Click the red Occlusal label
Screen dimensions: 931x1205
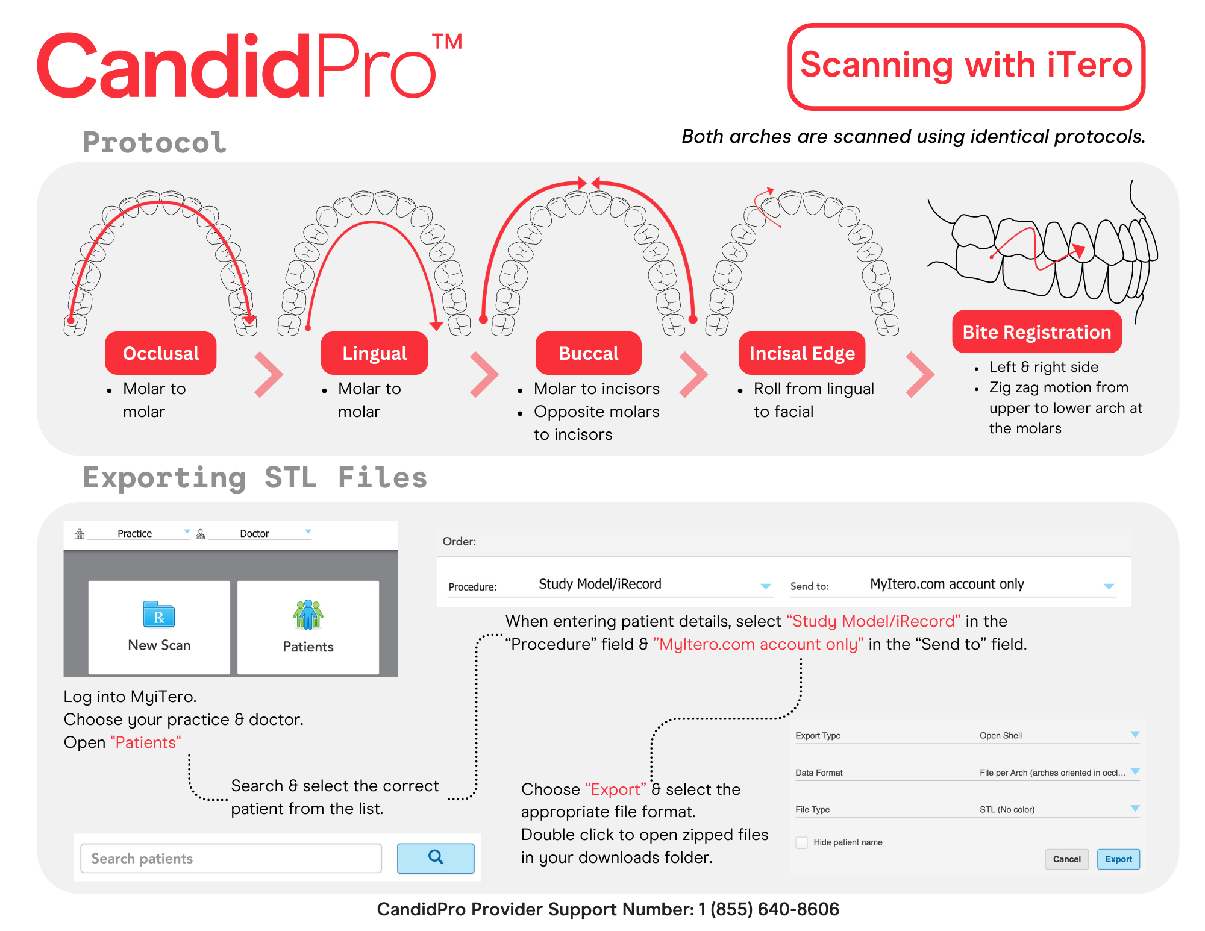160,353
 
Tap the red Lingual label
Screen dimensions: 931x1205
374,353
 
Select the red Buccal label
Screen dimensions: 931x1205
588,353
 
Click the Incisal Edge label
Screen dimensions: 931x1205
802,353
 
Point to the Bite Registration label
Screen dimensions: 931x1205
1036,332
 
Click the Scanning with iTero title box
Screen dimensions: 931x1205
966,66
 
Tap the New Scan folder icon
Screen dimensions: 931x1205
159,615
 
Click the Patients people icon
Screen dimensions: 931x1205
308,615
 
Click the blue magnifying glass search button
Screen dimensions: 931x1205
436,857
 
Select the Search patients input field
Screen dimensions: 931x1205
231,858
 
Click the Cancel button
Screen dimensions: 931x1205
1066,859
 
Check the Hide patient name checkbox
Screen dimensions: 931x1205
802,842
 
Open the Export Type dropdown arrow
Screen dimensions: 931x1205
1135,735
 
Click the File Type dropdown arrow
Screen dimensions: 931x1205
1135,809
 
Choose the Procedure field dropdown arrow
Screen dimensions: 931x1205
766,586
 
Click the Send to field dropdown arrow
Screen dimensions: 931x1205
1109,586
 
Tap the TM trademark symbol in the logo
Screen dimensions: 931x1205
447,42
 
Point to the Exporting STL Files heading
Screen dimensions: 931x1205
255,478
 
